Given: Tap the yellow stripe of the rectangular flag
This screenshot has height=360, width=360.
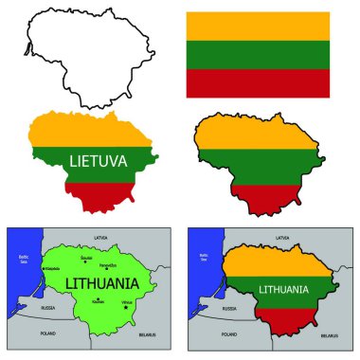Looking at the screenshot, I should [257, 26].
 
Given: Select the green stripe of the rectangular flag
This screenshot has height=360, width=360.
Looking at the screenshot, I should [257, 54].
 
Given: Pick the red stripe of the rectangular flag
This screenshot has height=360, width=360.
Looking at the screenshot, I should [257, 82].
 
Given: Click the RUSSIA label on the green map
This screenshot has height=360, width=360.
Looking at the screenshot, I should [36, 309].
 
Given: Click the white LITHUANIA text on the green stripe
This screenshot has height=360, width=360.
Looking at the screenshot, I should [282, 289].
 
